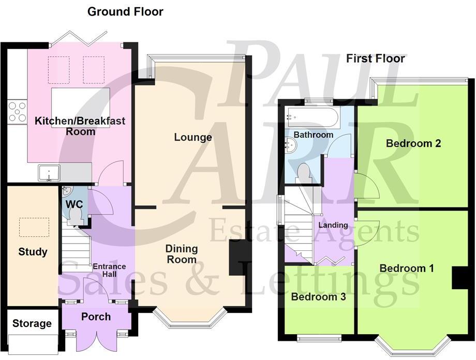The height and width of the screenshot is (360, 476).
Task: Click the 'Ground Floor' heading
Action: point(125,11)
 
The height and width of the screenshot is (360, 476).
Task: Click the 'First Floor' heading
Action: point(375,58)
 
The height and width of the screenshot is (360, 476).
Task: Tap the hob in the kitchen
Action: point(17,112)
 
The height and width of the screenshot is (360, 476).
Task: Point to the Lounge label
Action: point(193,137)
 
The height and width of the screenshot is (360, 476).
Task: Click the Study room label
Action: point(33,252)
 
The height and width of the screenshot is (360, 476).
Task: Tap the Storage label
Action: point(32,324)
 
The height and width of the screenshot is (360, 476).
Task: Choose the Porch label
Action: point(96,316)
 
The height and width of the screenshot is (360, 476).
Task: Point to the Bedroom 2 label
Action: point(413,143)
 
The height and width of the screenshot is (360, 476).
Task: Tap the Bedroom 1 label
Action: point(407,268)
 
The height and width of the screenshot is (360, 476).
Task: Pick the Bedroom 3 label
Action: point(318,297)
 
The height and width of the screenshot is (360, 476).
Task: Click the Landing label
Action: point(333,225)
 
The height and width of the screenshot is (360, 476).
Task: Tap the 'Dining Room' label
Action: point(181,254)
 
